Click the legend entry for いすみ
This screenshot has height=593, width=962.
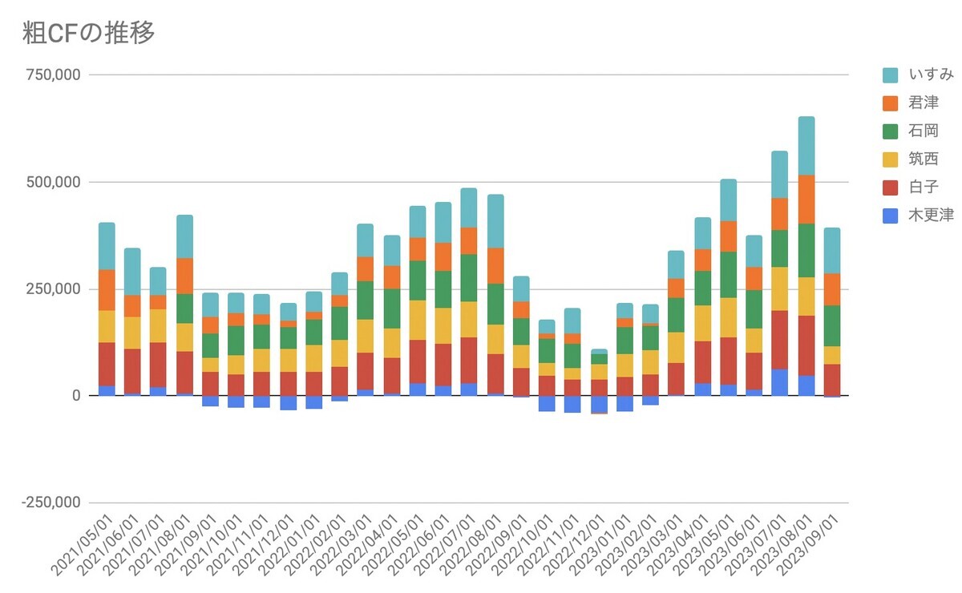click(931, 75)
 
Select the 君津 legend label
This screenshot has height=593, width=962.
click(924, 103)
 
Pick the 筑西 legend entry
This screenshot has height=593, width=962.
click(924, 159)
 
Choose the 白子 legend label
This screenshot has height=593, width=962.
click(924, 188)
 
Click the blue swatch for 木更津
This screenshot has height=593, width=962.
click(891, 216)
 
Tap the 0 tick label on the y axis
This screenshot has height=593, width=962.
click(75, 396)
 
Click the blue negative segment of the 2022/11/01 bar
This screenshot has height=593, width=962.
click(572, 404)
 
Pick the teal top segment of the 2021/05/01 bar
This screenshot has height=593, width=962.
click(107, 245)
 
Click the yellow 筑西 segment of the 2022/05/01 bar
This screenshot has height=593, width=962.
click(418, 320)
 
